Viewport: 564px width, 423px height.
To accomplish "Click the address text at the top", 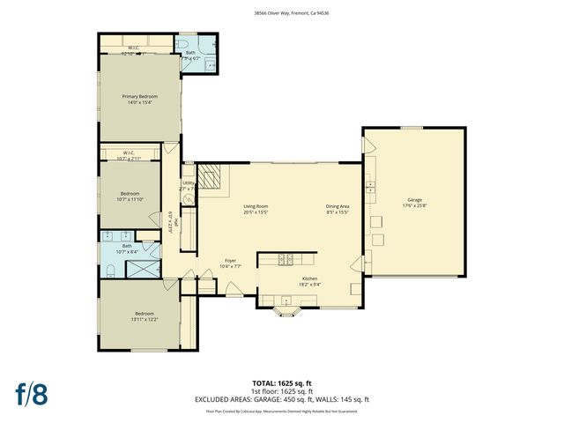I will pyautogui.click(x=282, y=13).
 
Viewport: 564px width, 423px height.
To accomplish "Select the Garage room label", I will pyautogui.click(x=414, y=199).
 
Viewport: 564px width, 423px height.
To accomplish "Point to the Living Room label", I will pyautogui.click(x=256, y=206).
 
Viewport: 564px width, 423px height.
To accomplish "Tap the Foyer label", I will pyautogui.click(x=230, y=260).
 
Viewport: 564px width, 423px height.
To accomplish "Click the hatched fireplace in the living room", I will pyautogui.click(x=209, y=179).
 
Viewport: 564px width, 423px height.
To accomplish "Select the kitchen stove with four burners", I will pyautogui.click(x=286, y=259).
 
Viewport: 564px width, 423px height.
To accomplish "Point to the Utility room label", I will pyautogui.click(x=188, y=183).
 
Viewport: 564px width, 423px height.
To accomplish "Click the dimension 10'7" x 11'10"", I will pyautogui.click(x=130, y=199).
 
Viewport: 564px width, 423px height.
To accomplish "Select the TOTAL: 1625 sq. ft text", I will pyautogui.click(x=282, y=383).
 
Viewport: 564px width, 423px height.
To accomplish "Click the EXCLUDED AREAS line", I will pyautogui.click(x=282, y=399).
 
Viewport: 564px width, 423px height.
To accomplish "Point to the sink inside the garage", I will pyautogui.click(x=371, y=186).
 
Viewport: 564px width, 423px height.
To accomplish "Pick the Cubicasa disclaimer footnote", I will pyautogui.click(x=282, y=411).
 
